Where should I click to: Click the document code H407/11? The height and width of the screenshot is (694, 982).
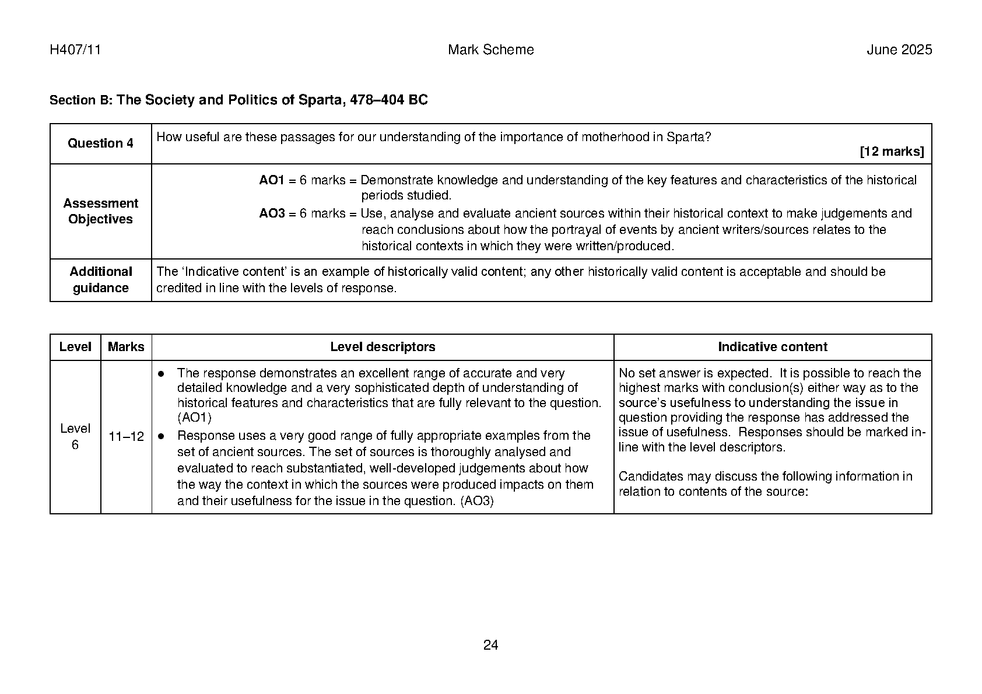coord(75,50)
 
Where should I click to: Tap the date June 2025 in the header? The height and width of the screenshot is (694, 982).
coord(899,50)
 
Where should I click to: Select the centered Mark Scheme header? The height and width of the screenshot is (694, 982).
coord(490,50)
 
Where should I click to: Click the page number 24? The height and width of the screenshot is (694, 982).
coord(490,644)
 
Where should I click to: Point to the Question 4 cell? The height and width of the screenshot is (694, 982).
coord(100,143)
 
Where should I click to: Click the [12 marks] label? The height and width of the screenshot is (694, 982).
coord(892,152)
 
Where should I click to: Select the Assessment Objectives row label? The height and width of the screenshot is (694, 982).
coord(100,211)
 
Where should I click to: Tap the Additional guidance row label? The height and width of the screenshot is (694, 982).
coord(100,280)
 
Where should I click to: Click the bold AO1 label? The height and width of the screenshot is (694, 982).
coord(271,180)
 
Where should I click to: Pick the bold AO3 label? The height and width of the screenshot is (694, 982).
coord(271,213)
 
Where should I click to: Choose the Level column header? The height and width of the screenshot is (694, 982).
coord(75,347)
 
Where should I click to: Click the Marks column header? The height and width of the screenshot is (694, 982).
coord(126,347)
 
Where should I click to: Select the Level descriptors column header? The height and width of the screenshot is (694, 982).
coord(383,347)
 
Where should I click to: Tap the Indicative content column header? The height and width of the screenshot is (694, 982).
coord(772,347)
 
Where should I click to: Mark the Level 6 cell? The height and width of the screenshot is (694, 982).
coord(75,437)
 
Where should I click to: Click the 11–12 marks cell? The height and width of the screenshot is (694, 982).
coord(126,437)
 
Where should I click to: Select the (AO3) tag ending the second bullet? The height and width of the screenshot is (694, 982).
coord(476,501)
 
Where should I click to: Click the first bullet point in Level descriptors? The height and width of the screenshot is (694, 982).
coord(162,373)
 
